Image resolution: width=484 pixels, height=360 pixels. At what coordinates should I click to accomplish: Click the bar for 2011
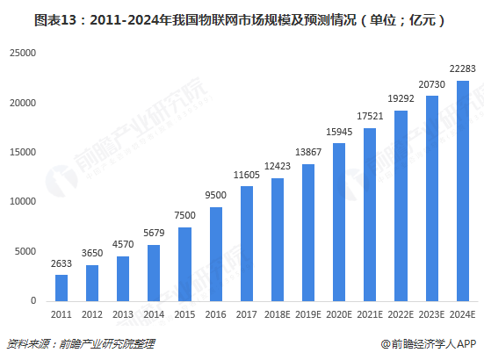click(x=61, y=287)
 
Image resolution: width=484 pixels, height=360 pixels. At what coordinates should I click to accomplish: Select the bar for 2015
click(x=185, y=263)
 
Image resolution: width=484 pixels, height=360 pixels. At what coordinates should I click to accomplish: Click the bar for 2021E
click(x=370, y=214)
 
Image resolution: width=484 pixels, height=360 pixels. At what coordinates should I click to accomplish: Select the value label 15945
click(x=339, y=133)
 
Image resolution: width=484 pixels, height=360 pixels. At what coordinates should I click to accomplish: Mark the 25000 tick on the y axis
click(x=23, y=54)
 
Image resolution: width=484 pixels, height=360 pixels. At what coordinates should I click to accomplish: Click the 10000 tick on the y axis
click(x=23, y=202)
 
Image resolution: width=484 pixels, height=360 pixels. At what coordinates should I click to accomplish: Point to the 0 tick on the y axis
click(x=33, y=301)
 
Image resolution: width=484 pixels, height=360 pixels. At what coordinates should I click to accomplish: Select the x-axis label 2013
click(x=123, y=314)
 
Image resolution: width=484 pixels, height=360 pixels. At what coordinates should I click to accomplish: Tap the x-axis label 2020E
click(x=339, y=314)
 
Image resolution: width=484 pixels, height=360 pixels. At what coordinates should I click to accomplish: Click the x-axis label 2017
click(x=247, y=314)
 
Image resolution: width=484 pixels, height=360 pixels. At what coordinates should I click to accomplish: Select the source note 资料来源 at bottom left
click(x=62, y=343)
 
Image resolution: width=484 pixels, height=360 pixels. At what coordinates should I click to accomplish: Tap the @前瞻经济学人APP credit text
click(x=428, y=343)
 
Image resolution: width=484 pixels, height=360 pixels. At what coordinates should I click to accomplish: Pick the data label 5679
click(x=155, y=234)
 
